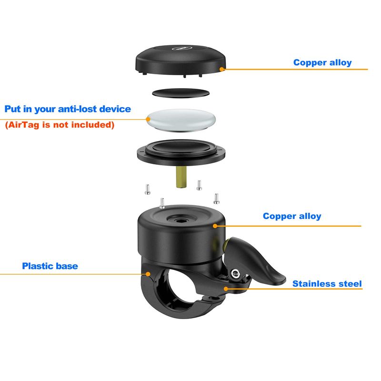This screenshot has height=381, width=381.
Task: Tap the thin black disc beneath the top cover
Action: (180, 93)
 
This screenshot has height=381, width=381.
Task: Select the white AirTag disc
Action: (181, 120)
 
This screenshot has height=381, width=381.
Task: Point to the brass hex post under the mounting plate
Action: (181, 177)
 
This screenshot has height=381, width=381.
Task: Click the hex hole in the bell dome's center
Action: (180, 221)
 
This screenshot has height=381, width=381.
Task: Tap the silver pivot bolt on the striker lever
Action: (235, 274)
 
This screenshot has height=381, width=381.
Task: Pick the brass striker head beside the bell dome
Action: (225, 246)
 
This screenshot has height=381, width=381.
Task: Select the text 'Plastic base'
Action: (50, 266)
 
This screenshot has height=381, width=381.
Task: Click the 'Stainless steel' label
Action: (327, 283)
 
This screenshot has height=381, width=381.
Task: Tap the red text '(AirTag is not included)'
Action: (60, 125)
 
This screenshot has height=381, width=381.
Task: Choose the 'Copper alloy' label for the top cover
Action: (322, 62)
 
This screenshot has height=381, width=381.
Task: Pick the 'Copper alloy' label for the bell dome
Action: (292, 216)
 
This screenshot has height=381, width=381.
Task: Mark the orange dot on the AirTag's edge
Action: (148, 119)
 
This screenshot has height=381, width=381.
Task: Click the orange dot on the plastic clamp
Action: (148, 274)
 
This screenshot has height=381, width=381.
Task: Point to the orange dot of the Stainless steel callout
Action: (226, 289)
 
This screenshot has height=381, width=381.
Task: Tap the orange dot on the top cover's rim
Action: (221, 69)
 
